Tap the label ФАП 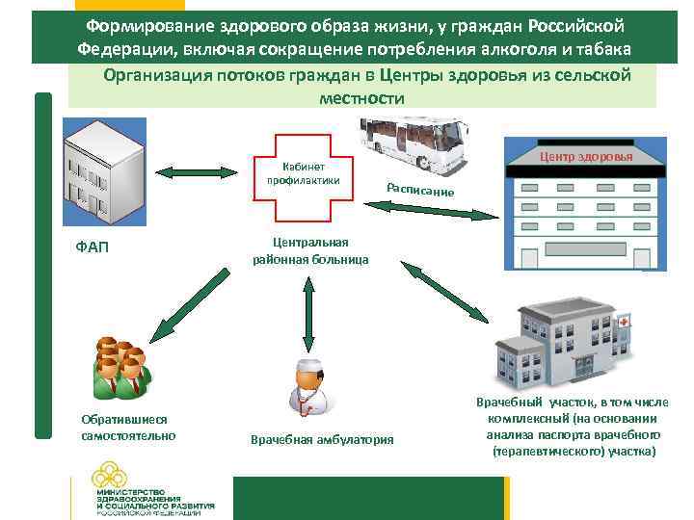click(92, 247)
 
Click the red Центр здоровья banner click(586, 157)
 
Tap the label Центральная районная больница click(310, 250)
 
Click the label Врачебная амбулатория click(322, 440)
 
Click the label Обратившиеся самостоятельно click(123, 428)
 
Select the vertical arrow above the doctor click(307, 313)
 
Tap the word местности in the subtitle click(360, 98)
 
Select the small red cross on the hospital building click(624, 321)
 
